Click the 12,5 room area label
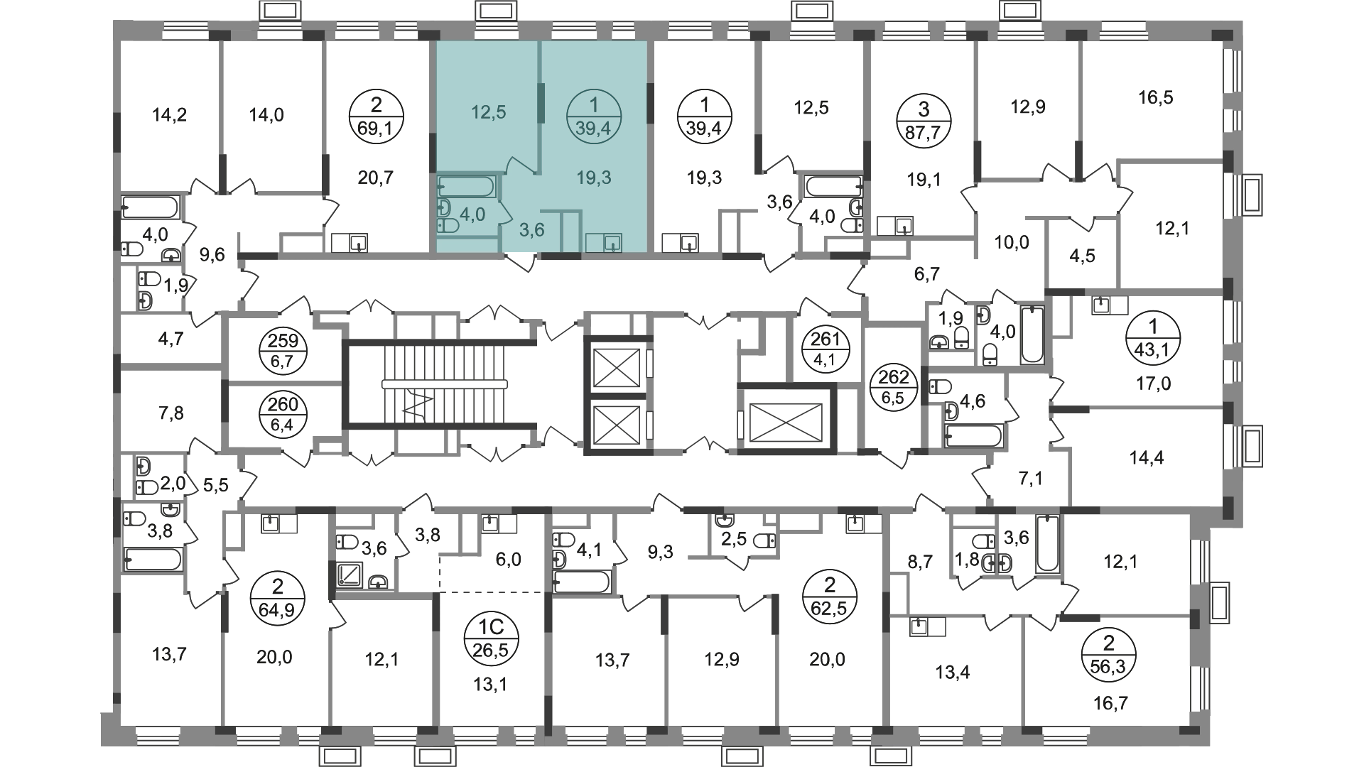489,112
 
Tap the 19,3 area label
594,178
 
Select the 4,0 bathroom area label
472,214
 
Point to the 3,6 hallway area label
531,230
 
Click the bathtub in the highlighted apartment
466,187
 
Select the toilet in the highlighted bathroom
448,226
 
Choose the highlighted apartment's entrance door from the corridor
524,264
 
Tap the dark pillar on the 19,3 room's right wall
651,103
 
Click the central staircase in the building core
426,383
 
